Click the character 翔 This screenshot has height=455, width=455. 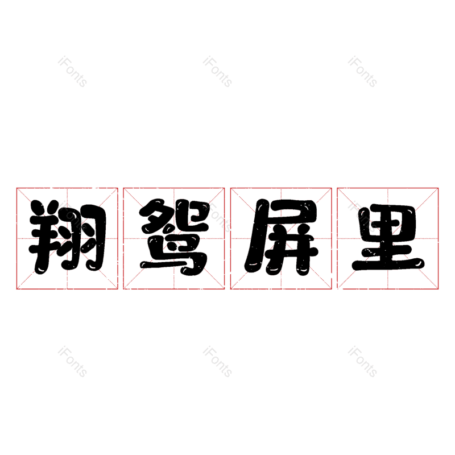pyautogui.click(x=67, y=238)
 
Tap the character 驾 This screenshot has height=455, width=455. pyautogui.click(x=174, y=238)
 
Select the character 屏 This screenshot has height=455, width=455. pyautogui.click(x=281, y=238)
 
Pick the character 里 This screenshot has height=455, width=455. pyautogui.click(x=388, y=238)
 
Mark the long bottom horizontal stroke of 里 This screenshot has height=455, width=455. pyautogui.click(x=388, y=264)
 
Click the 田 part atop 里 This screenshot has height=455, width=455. pyautogui.click(x=388, y=218)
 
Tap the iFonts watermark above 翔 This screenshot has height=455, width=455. pyautogui.click(x=72, y=72)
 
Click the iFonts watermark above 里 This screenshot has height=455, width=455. pyautogui.click(x=362, y=72)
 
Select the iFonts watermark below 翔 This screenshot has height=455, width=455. pyautogui.click(x=72, y=362)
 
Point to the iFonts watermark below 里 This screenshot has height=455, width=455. pyautogui.click(x=362, y=362)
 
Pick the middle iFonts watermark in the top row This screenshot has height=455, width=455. pyautogui.click(x=217, y=72)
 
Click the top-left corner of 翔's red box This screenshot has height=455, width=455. pyautogui.click(x=16, y=188)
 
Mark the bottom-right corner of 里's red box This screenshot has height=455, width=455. pyautogui.click(x=439, y=289)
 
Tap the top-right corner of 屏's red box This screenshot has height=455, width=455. pyautogui.click(x=332, y=188)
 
